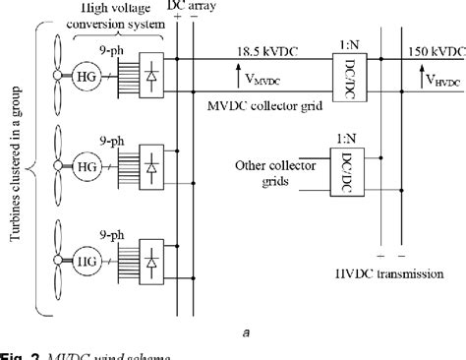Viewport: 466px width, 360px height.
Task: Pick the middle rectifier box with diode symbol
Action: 152,164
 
